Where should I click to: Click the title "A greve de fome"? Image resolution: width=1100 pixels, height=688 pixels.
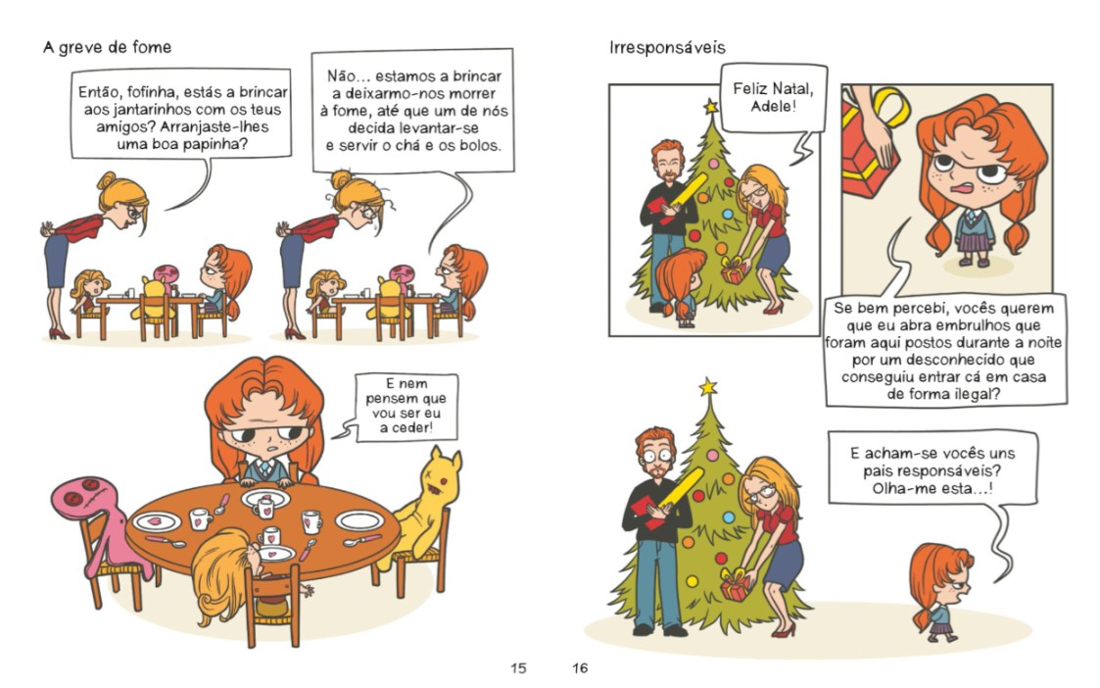pyautogui.click(x=107, y=47)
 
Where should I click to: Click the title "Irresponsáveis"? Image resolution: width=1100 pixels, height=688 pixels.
pyautogui.click(x=667, y=48)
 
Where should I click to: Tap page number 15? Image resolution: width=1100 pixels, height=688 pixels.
pyautogui.click(x=518, y=667)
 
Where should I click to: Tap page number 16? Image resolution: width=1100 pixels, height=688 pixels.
pyautogui.click(x=580, y=667)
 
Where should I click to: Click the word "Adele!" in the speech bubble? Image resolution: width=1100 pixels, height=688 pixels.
pyautogui.click(x=774, y=106)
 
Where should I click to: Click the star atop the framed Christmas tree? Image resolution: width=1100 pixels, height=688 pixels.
pyautogui.click(x=711, y=107)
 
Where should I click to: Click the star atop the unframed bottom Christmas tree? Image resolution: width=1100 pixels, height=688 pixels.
pyautogui.click(x=708, y=386)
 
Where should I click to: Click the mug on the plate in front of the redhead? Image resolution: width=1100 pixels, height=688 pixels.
pyautogui.click(x=265, y=506)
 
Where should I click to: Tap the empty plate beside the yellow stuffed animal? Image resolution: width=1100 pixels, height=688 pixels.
pyautogui.click(x=359, y=520)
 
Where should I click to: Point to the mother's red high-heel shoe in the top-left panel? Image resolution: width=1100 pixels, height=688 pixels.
pyautogui.click(x=59, y=334)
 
